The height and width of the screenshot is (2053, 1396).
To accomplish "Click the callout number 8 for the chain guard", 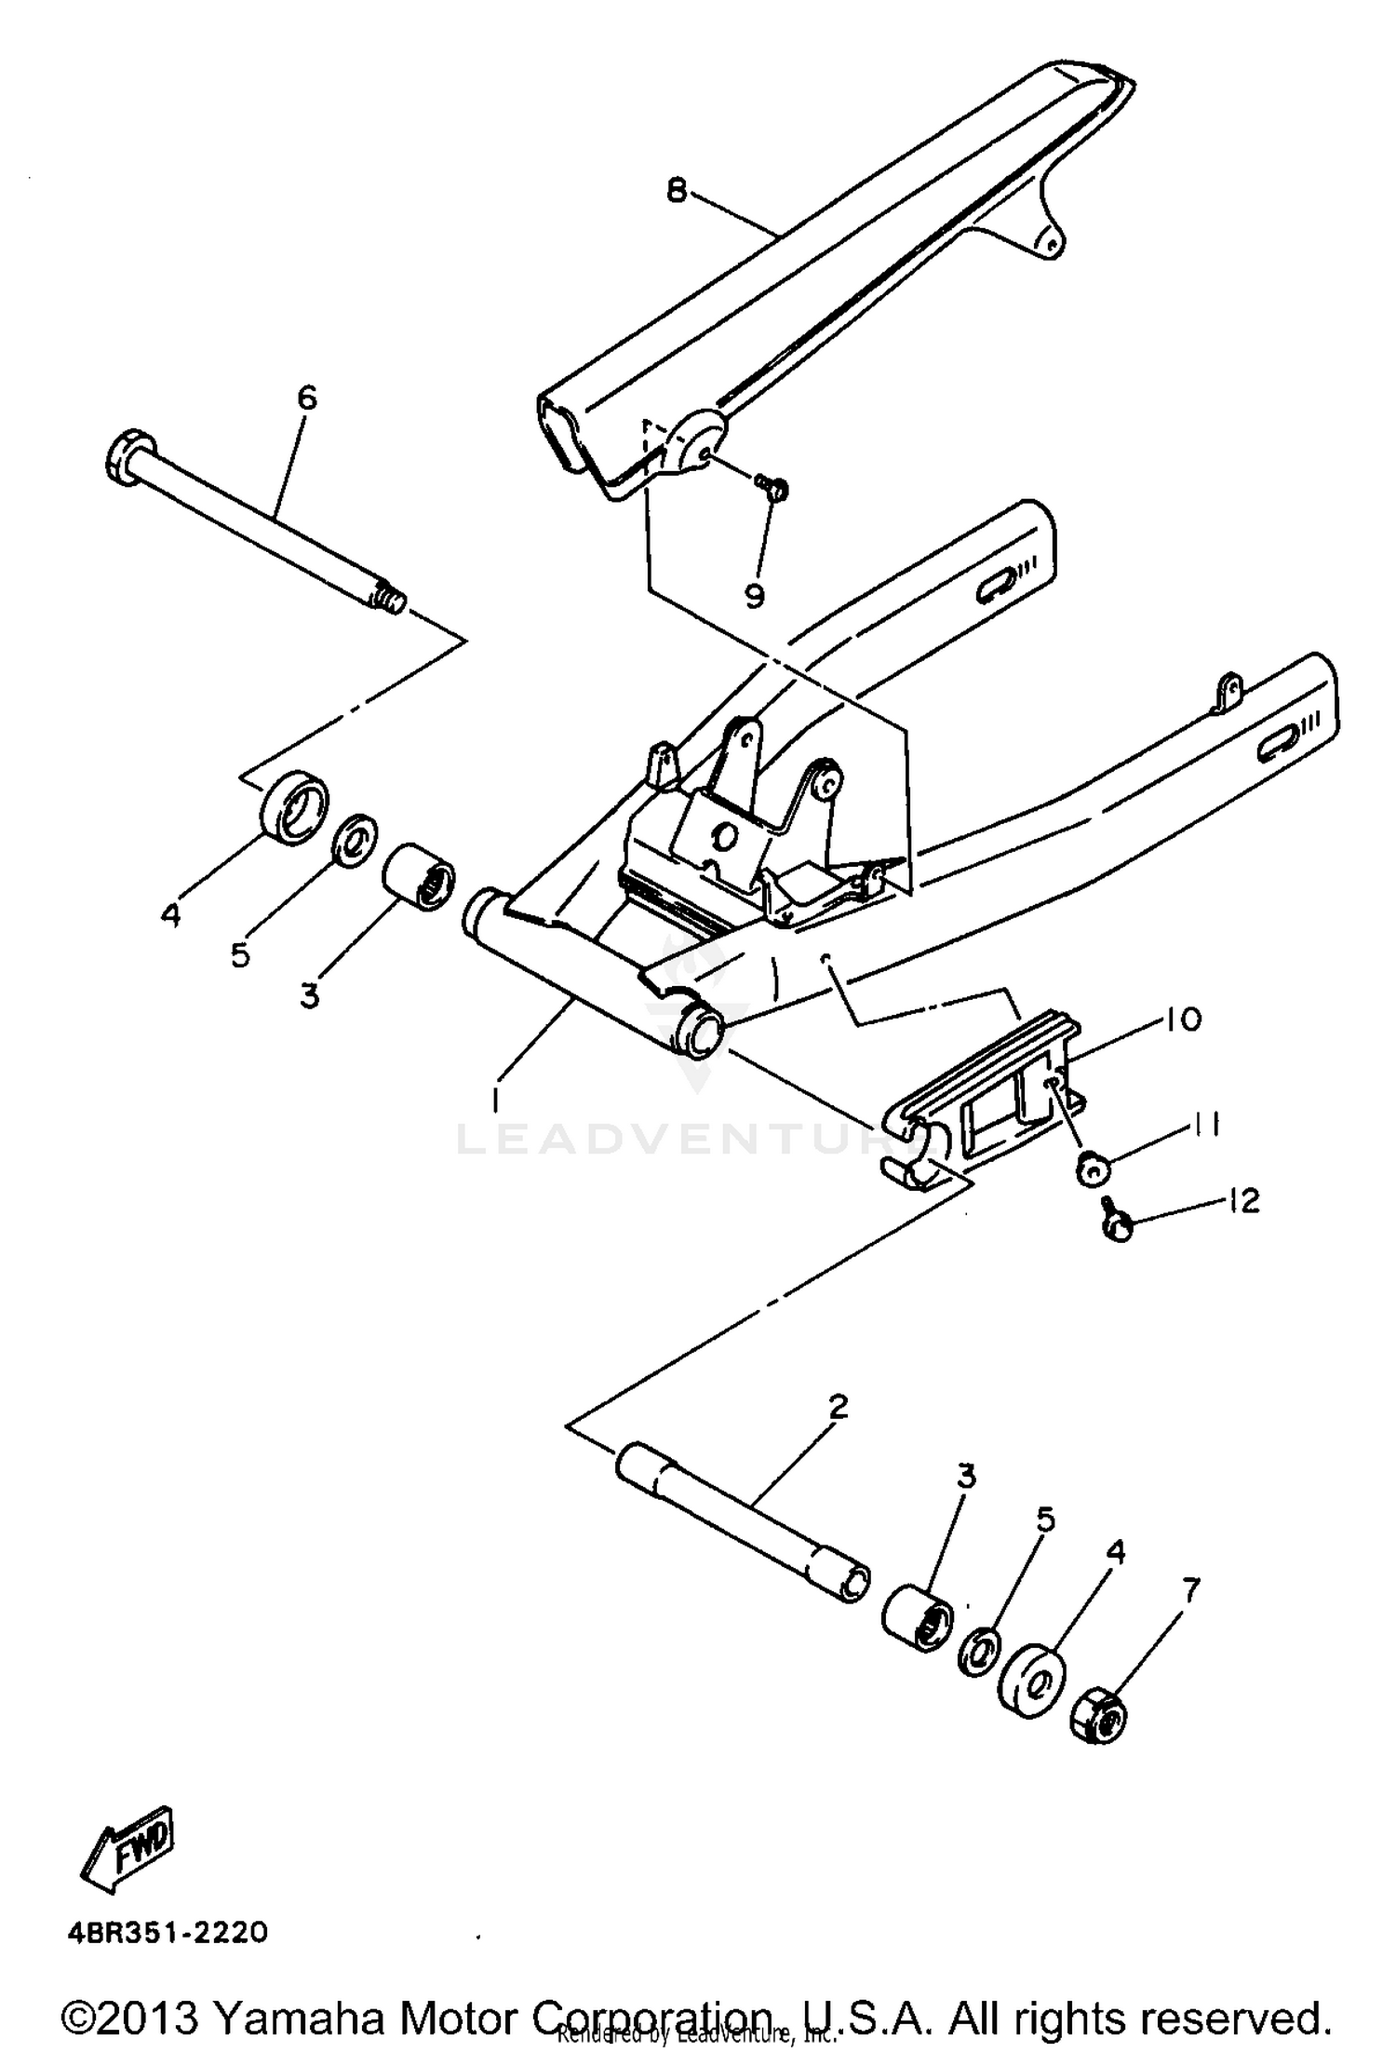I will tap(677, 191).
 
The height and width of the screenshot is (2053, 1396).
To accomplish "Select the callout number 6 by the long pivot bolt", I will tap(306, 398).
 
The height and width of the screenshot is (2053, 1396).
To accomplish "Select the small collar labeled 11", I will tap(1091, 1168).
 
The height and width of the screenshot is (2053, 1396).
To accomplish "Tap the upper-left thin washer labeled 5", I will tap(355, 837).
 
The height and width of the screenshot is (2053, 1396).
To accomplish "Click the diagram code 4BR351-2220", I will tap(168, 1931).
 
